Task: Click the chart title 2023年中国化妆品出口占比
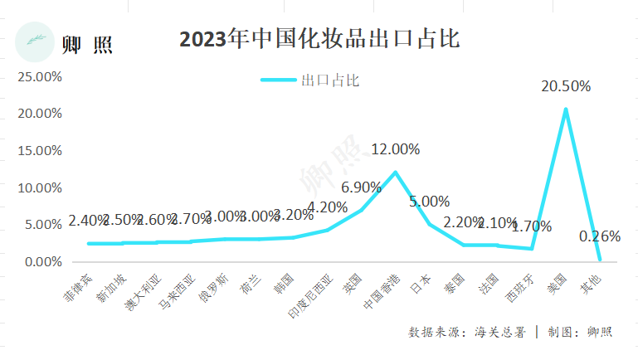coord(319,39)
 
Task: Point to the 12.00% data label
coord(395,150)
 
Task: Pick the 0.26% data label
coord(599,236)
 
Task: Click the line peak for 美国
coord(565,109)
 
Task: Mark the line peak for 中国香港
coord(396,173)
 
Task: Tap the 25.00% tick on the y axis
coord(40,76)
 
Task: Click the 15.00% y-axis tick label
coord(40,151)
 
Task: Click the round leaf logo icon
coord(36,41)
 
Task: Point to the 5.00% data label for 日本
coord(429,202)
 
